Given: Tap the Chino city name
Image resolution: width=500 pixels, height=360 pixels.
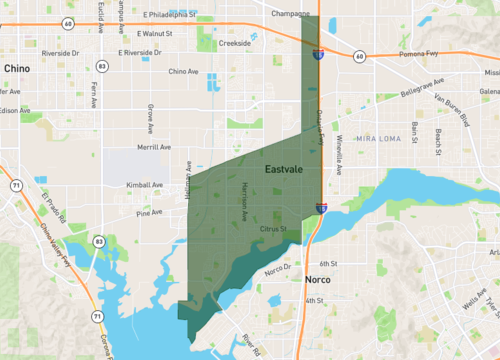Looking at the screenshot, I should pos(17,68).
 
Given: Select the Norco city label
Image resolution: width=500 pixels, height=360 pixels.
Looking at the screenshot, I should pos(318,281).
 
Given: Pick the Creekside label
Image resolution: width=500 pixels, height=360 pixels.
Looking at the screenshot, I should pos(235,43).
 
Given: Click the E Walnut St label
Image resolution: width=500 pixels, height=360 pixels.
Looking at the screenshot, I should pos(149,34).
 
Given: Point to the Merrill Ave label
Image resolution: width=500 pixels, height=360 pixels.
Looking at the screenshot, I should pos(154,147).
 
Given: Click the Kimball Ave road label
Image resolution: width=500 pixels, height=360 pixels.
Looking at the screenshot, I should pos(145,185).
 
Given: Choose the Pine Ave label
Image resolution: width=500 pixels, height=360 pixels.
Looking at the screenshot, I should pos(149,212).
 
